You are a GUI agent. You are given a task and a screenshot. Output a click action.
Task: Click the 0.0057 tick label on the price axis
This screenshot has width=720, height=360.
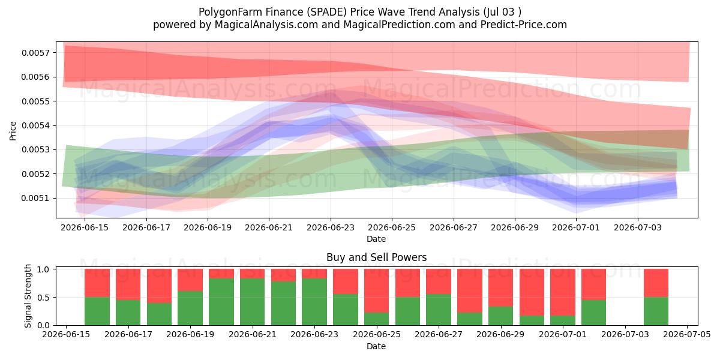click(x=35, y=53)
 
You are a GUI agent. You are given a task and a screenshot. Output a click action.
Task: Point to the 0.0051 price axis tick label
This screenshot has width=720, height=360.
click(x=35, y=199)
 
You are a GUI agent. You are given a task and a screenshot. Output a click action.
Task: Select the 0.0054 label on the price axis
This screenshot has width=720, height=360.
click(x=35, y=125)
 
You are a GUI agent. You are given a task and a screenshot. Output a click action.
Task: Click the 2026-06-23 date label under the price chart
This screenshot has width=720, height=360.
click(x=331, y=227)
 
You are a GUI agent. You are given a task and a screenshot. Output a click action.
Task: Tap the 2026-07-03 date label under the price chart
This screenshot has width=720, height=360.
click(x=638, y=227)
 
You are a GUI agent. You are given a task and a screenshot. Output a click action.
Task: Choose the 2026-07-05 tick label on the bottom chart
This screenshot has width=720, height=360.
click(x=687, y=335)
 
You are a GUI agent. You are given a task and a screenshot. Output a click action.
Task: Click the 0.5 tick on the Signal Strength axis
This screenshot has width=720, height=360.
click(x=43, y=298)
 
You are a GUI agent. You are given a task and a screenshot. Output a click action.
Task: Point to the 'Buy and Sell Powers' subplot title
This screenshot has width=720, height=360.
click(x=376, y=257)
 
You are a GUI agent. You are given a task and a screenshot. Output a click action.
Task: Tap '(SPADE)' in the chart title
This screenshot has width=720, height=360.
click(x=326, y=12)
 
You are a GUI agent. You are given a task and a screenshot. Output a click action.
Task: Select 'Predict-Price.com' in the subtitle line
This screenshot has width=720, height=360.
click(x=524, y=25)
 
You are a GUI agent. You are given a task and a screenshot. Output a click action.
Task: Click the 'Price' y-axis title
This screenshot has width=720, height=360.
click(x=13, y=131)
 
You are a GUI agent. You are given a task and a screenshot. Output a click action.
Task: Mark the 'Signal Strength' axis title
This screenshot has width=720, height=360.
click(x=28, y=296)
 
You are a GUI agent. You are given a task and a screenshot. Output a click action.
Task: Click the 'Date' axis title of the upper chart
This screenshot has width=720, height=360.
click(x=376, y=239)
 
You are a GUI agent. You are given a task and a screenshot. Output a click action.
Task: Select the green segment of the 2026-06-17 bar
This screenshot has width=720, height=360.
click(x=128, y=313)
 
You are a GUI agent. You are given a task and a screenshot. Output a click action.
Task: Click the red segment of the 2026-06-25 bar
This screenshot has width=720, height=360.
click(x=376, y=291)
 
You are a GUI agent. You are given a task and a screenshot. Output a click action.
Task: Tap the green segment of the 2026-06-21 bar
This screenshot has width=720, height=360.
click(x=253, y=302)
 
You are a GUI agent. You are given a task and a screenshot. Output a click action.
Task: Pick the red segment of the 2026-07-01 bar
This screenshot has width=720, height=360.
click(x=563, y=293)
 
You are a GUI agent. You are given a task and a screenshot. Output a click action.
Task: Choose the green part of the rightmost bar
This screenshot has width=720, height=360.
click(x=656, y=311)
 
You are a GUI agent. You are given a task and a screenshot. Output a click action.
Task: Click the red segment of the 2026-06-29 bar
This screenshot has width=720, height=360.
click(x=501, y=288)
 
